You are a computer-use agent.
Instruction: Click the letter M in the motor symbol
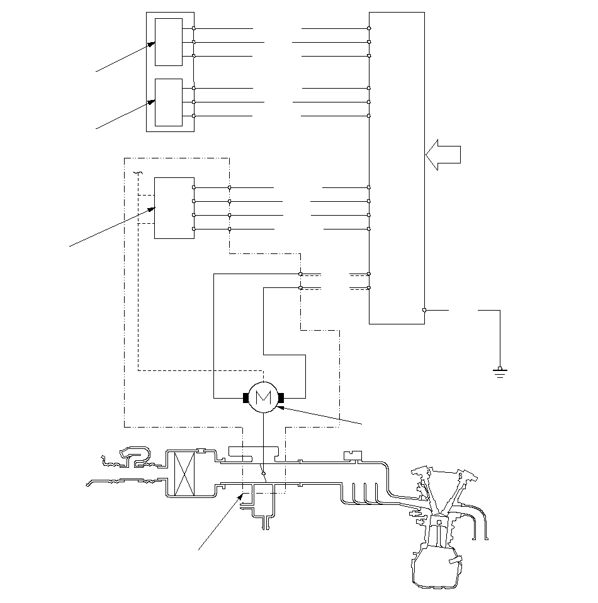click(263, 397)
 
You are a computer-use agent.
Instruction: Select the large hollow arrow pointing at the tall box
click(443, 155)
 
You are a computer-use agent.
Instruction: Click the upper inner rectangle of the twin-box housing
click(169, 42)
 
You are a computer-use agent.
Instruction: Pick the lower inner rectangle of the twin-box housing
click(169, 102)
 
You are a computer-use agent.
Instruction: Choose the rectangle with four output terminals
click(174, 208)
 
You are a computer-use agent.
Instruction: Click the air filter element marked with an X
click(184, 474)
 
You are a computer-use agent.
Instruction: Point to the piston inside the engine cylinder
click(438, 522)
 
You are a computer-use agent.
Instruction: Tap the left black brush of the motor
click(245, 397)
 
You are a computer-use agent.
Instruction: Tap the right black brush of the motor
click(281, 397)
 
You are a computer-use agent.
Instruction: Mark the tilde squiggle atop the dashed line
click(138, 173)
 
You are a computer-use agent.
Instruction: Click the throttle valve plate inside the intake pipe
click(263, 473)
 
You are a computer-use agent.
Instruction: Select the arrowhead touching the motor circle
click(281, 407)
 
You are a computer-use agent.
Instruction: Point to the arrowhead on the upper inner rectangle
click(151, 45)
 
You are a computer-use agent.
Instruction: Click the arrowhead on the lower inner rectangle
click(151, 102)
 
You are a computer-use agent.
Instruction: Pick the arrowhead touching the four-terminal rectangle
click(151, 209)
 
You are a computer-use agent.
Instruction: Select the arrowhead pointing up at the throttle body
click(240, 497)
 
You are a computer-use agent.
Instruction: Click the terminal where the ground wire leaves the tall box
click(424, 310)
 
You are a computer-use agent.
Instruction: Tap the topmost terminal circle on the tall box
click(369, 28)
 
